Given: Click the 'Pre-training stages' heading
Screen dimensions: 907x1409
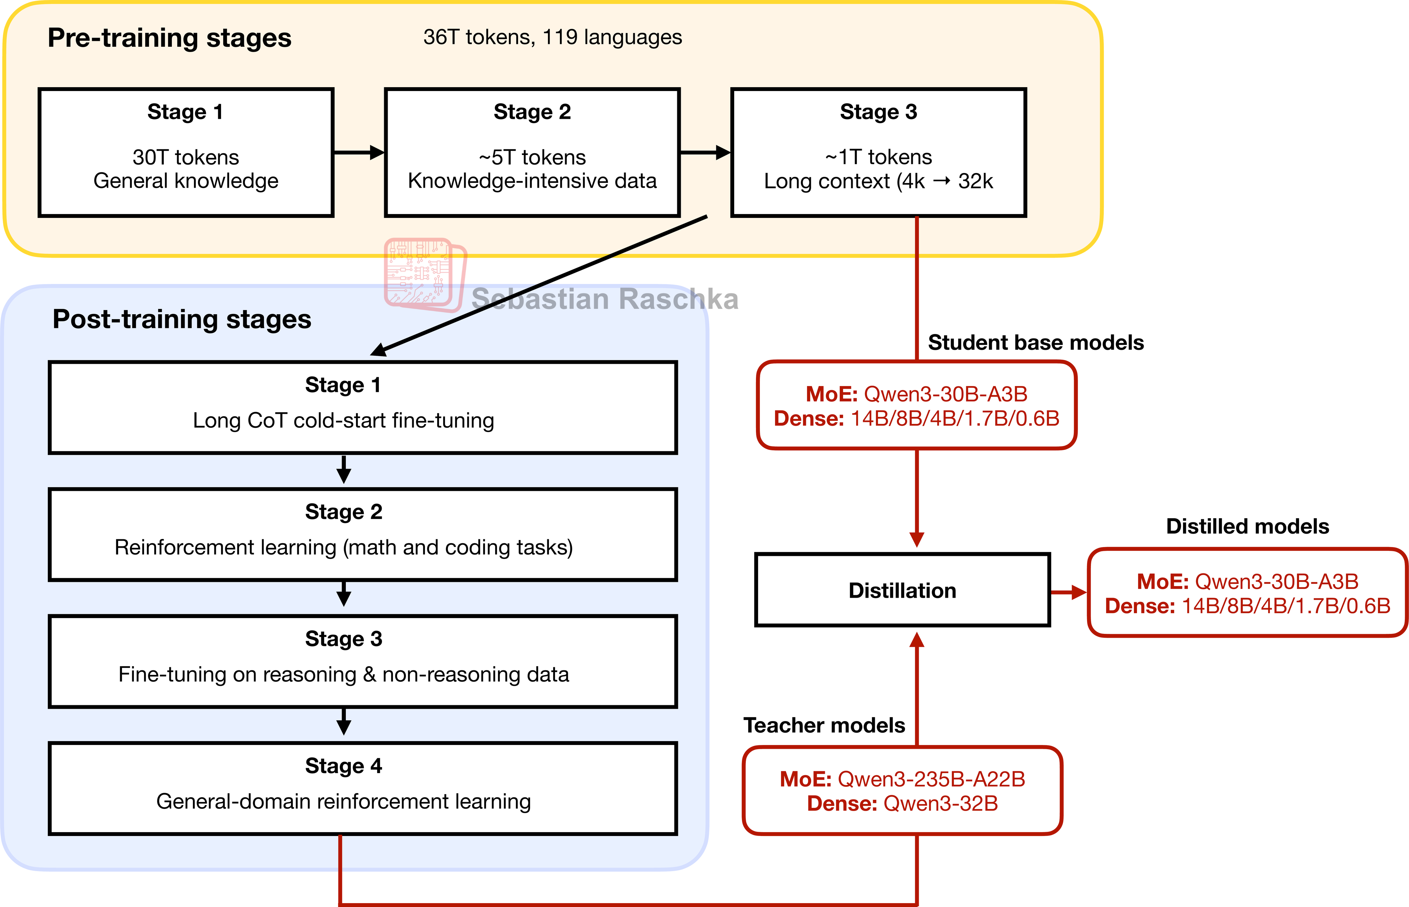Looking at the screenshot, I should (169, 38).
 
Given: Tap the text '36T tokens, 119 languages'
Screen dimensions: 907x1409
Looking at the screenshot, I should (552, 37).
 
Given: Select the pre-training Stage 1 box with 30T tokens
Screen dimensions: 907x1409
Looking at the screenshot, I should (186, 153).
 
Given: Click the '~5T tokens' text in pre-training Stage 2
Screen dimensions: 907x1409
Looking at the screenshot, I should (532, 157).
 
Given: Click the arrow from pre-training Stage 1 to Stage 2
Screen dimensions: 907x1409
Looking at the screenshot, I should (358, 153).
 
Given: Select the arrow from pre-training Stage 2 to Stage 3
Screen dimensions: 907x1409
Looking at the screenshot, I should (705, 153).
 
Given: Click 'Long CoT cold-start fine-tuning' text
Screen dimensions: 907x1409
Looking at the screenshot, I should (343, 420).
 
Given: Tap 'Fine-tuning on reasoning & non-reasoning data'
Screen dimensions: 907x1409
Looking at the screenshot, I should (343, 674).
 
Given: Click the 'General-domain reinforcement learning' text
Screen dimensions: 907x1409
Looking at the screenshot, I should (343, 802).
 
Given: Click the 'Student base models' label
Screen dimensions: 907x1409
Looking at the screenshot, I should (1035, 342).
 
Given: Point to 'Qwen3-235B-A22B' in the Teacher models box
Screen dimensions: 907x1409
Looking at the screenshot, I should (931, 779).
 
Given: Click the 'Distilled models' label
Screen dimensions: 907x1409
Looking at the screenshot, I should (1247, 526).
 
